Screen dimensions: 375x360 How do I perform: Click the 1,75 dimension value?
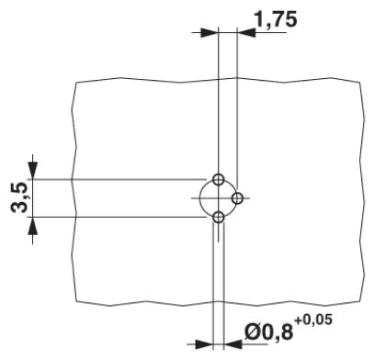click(x=276, y=19)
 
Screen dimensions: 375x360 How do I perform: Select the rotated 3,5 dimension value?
click(x=19, y=197)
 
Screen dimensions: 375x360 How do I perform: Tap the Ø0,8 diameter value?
click(x=268, y=332)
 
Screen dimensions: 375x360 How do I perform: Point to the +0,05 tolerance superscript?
click(x=313, y=320)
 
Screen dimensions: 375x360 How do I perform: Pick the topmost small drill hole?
click(x=218, y=179)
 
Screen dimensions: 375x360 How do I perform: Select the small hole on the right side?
click(x=237, y=198)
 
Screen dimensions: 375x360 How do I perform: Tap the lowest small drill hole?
click(x=218, y=218)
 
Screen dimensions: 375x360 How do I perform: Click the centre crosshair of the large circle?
click(x=218, y=198)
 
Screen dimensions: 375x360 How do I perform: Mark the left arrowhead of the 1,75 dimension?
click(x=209, y=32)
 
